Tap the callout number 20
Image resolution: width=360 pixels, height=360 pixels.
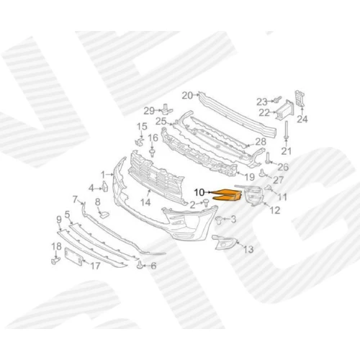click(187, 96)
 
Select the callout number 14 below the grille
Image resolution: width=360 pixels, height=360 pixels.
click(145, 202)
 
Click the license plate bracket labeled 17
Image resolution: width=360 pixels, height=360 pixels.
click(73, 257)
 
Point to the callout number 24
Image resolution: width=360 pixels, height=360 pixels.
click(302, 119)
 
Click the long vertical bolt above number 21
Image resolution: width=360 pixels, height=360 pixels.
click(286, 130)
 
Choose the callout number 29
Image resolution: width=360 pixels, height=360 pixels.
click(149, 111)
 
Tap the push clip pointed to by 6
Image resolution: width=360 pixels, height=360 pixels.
click(140, 265)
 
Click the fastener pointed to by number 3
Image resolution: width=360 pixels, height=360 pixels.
click(219, 220)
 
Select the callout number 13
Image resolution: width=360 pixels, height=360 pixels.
click(248, 249)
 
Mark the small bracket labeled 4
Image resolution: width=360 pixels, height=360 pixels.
click(105, 186)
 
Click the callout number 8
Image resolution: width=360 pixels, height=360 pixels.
click(98, 202)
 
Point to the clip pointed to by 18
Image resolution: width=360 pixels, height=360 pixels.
click(55, 261)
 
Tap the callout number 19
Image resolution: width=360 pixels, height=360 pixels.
click(249, 177)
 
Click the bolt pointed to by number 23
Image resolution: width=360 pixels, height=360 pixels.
click(278, 99)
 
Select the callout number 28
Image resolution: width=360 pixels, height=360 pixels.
click(261, 142)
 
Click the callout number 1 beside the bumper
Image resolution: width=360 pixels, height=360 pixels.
click(103, 175)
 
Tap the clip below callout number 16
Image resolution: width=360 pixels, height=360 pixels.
click(152, 153)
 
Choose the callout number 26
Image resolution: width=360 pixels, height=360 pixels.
click(283, 167)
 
